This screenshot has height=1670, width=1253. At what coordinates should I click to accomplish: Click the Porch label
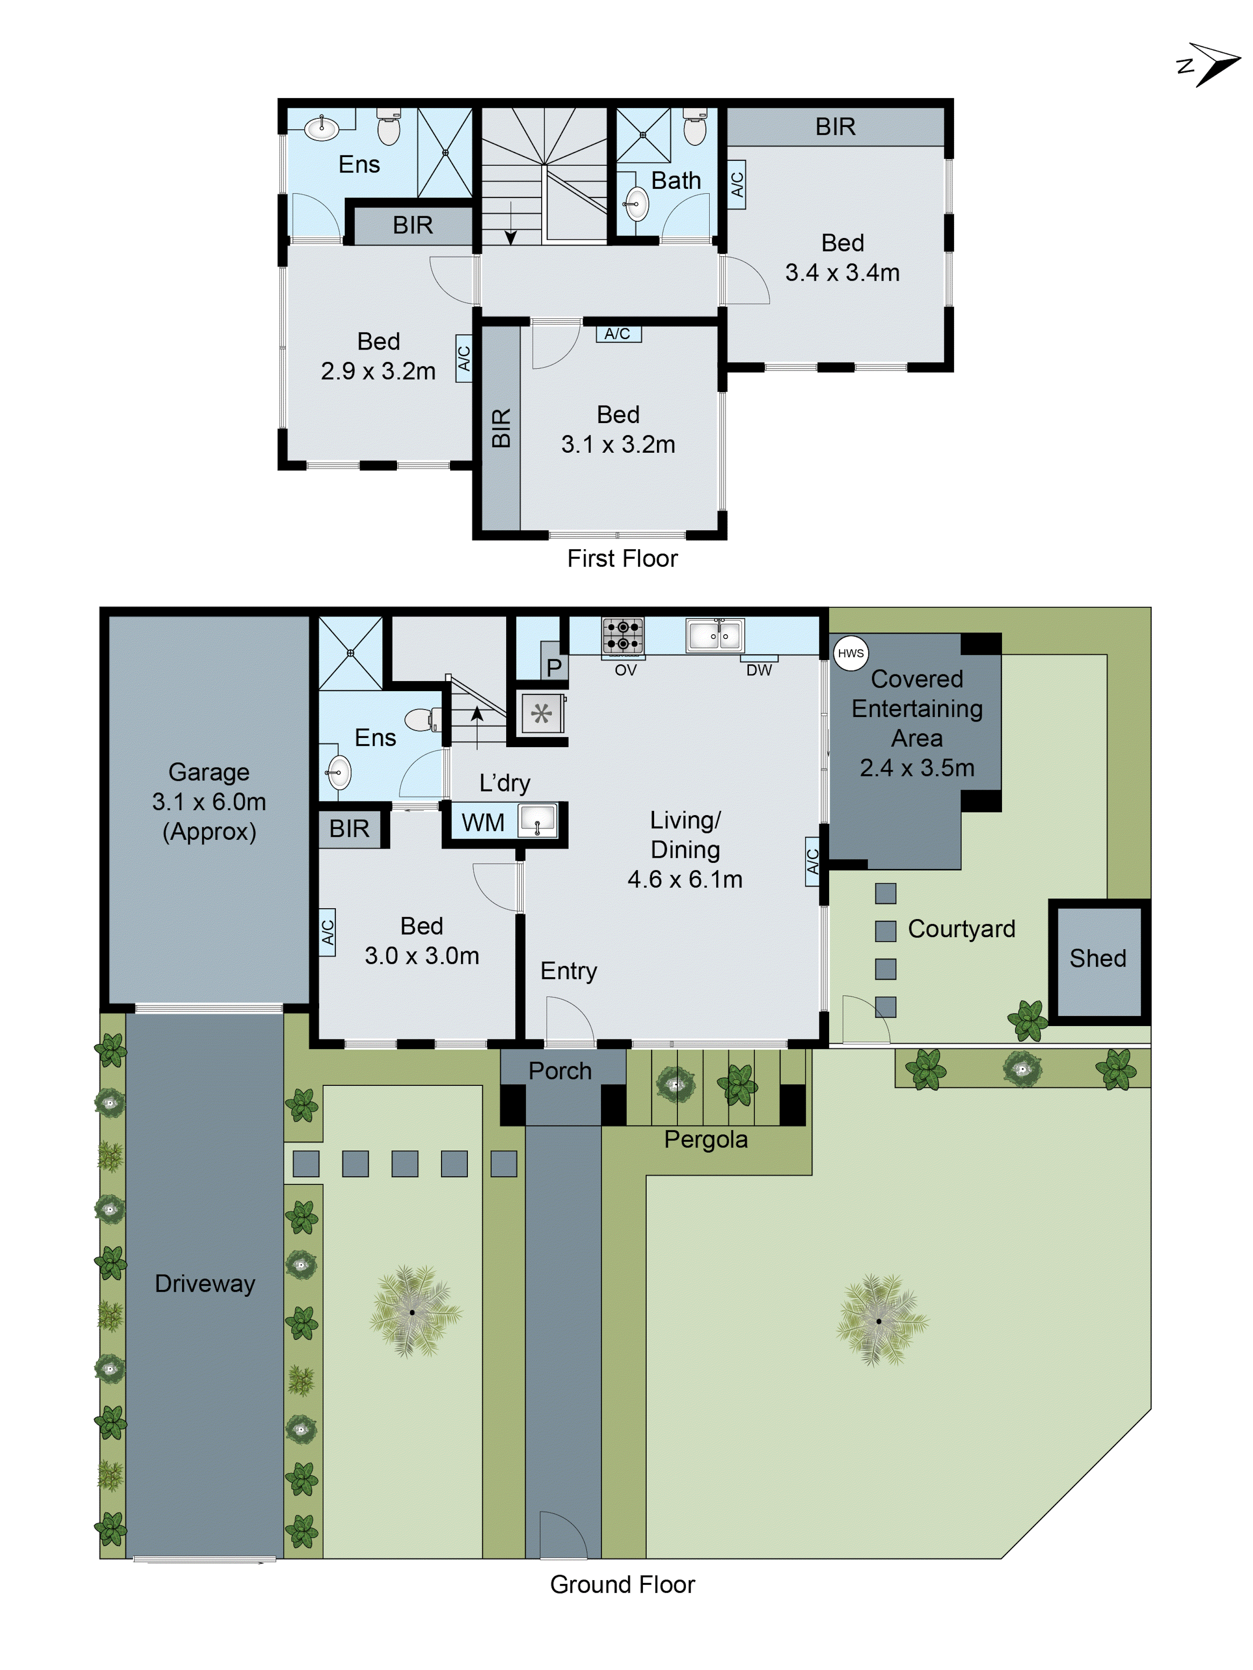click(x=560, y=1071)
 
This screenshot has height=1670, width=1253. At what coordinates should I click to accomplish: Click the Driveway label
click(x=205, y=1283)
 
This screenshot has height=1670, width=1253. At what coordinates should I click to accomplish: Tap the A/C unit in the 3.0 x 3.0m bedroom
click(x=327, y=933)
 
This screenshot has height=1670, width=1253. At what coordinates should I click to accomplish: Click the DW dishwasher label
click(x=758, y=670)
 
